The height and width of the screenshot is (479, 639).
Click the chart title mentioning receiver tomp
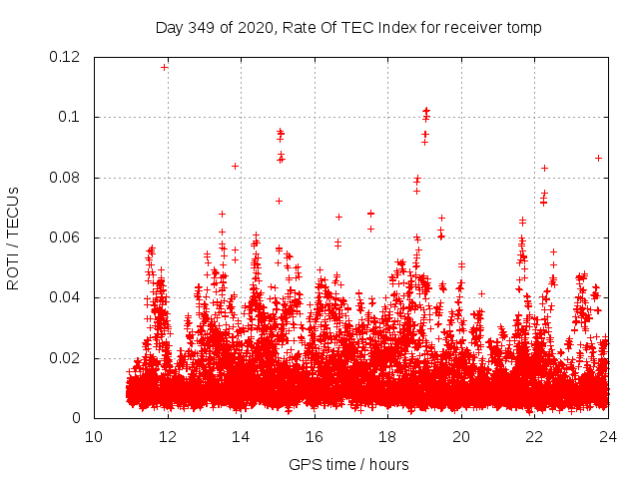click(348, 28)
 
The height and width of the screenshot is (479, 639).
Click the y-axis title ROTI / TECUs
click(13, 238)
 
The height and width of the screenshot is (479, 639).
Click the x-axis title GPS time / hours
click(348, 464)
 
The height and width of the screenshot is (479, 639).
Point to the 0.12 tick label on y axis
click(65, 57)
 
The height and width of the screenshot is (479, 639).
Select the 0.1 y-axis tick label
click(71, 118)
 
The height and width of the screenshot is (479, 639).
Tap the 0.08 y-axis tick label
click(65, 178)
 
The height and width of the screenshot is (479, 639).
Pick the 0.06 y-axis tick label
click(65, 238)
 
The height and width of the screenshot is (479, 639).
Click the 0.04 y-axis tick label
click(65, 297)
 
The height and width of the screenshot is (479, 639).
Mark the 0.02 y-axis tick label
click(65, 358)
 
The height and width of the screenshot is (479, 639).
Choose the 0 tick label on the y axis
click(78, 418)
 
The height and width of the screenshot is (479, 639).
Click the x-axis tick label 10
click(94, 436)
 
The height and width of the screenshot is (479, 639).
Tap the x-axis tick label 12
click(168, 436)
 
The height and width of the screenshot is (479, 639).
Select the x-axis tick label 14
click(241, 436)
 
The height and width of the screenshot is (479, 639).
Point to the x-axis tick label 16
click(315, 436)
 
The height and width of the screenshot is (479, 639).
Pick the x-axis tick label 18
click(388, 436)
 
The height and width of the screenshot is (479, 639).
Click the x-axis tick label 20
click(461, 436)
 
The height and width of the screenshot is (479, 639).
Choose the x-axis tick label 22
click(535, 436)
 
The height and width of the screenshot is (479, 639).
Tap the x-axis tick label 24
click(608, 436)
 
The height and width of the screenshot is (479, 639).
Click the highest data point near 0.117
click(165, 67)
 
